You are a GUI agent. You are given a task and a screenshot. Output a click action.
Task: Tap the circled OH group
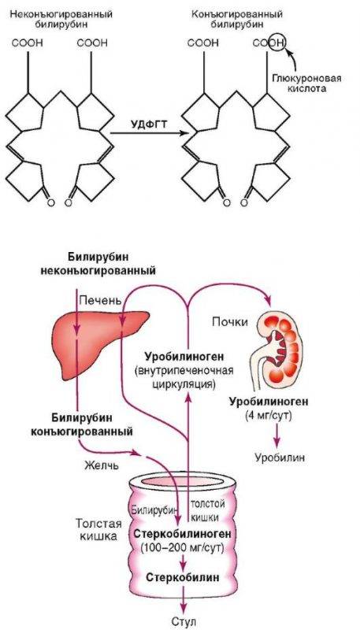click(277, 42)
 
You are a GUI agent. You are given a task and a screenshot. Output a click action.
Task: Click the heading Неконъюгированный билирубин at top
click(61, 18)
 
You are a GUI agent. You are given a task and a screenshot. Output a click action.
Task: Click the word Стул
click(184, 622)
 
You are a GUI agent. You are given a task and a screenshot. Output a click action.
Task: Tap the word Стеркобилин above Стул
click(183, 578)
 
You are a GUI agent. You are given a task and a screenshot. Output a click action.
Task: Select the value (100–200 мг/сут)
click(183, 547)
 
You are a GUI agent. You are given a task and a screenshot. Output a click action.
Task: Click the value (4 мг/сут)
click(268, 416)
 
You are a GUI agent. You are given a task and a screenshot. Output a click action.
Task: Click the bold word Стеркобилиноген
click(183, 534)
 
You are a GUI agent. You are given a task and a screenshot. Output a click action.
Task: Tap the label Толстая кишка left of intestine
click(96, 530)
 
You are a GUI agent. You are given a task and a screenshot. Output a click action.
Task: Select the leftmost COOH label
click(27, 43)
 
